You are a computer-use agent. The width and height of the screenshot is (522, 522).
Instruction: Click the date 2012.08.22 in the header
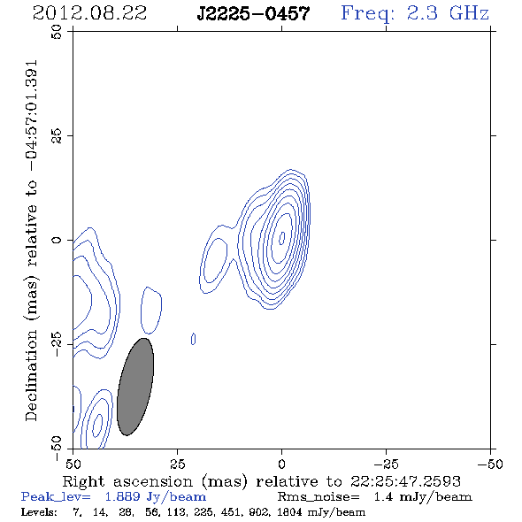click(x=89, y=13)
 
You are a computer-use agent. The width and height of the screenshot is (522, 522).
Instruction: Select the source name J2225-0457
click(x=253, y=14)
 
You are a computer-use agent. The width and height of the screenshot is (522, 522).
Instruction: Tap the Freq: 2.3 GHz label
click(x=415, y=14)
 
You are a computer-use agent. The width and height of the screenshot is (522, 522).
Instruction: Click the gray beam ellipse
click(x=135, y=387)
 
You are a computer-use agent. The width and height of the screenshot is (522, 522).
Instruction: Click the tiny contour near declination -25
click(x=193, y=339)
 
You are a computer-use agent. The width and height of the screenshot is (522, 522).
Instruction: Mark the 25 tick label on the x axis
click(x=177, y=464)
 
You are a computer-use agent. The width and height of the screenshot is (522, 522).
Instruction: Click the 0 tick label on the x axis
click(x=281, y=464)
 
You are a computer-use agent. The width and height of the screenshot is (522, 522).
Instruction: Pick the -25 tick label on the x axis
click(x=386, y=464)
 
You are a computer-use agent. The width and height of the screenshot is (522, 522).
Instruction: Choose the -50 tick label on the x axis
click(x=490, y=464)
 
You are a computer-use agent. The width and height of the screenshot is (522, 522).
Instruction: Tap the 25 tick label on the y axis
click(x=57, y=136)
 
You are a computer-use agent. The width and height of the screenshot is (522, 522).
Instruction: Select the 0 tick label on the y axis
click(x=57, y=240)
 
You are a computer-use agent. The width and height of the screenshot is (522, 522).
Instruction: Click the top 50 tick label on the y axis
click(x=57, y=32)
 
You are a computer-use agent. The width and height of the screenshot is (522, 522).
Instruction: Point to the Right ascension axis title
click(x=261, y=482)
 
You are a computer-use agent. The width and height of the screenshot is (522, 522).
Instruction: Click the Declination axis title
click(x=31, y=241)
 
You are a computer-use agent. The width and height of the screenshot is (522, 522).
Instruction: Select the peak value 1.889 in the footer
click(x=122, y=497)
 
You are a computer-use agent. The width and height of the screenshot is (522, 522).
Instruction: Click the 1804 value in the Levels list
click(x=292, y=511)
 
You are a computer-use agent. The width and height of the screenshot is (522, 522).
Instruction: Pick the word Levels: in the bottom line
click(x=39, y=511)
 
